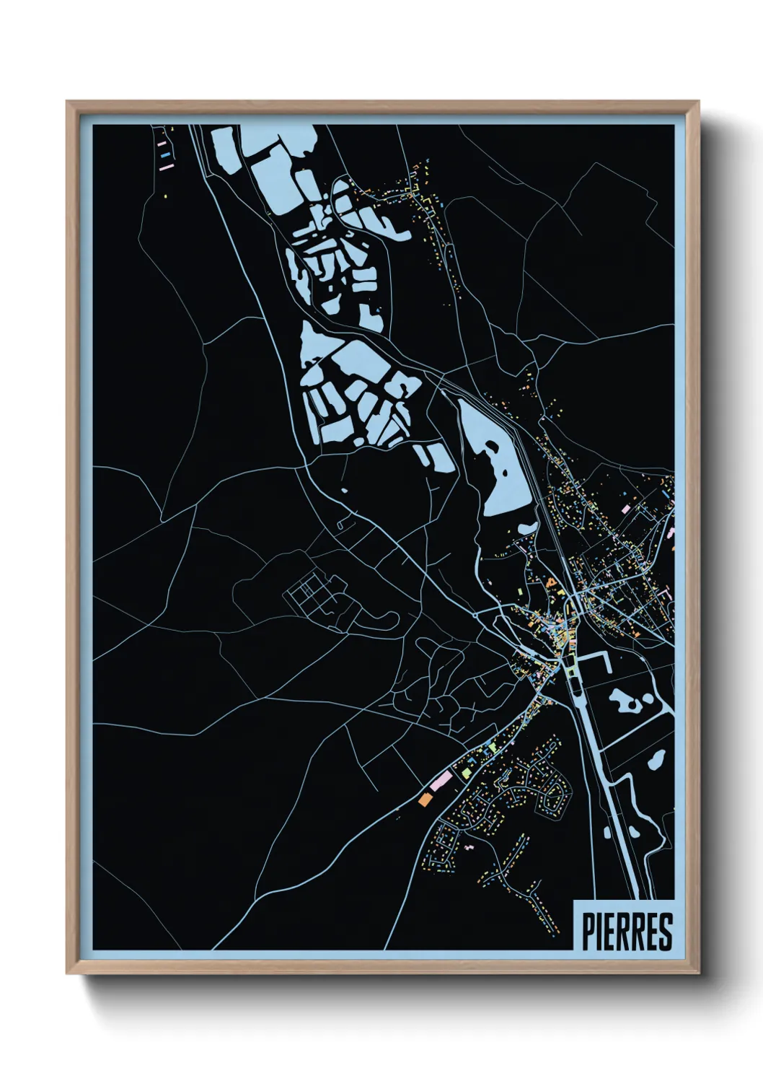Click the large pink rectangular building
(441, 780)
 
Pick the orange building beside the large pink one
(424, 799)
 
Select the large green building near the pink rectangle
(467, 773)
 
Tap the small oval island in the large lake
(492, 448)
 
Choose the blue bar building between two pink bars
(166, 154)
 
